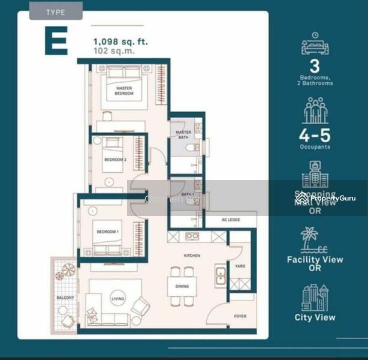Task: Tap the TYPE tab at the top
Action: (56, 11)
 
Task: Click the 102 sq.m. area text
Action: (114, 51)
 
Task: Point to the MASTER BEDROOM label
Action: (124, 91)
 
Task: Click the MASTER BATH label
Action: (182, 134)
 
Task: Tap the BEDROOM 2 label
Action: (115, 160)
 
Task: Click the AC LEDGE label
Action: (230, 220)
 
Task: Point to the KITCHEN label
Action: (192, 256)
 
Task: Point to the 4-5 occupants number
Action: (315, 134)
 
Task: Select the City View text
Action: (315, 318)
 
